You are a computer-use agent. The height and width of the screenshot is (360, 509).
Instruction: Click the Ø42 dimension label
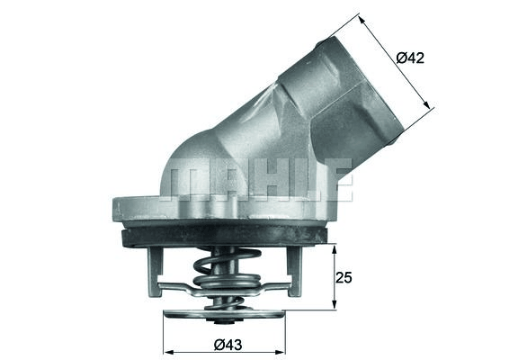pyautogui.click(x=409, y=58)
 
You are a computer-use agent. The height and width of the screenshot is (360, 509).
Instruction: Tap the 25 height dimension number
pyautogui.click(x=343, y=277)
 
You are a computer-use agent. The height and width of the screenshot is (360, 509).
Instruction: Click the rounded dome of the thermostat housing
pyautogui.click(x=193, y=157)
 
